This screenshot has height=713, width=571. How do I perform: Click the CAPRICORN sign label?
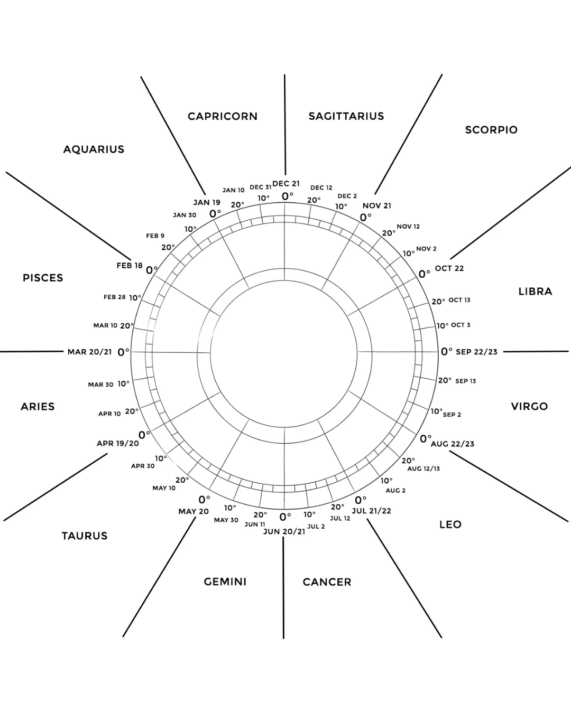tap(223, 116)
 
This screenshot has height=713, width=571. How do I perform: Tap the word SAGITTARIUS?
tap(346, 116)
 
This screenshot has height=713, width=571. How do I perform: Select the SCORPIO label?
tap(491, 130)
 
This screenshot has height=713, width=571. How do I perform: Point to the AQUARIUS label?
tap(94, 149)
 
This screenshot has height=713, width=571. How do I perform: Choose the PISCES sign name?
tap(43, 278)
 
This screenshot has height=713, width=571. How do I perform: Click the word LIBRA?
tap(535, 292)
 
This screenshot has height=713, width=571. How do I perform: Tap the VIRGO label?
tap(529, 407)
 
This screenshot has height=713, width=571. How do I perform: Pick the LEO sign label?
tap(450, 524)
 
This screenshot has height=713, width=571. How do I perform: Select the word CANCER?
tap(327, 582)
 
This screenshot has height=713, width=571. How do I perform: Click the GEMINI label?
tap(225, 581)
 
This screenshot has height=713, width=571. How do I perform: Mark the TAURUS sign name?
tap(85, 536)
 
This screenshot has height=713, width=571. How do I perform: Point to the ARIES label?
tap(38, 407)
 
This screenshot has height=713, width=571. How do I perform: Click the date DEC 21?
tap(286, 184)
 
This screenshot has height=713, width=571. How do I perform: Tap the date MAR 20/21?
tap(90, 352)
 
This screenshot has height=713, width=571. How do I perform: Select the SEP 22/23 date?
tap(476, 352)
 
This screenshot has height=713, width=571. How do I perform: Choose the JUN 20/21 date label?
tap(284, 531)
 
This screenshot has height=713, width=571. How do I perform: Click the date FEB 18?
tap(130, 266)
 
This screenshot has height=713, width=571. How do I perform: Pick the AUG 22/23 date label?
tap(453, 444)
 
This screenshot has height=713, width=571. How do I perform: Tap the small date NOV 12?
tap(408, 227)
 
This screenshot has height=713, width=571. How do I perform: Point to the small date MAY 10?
tap(164, 488)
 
